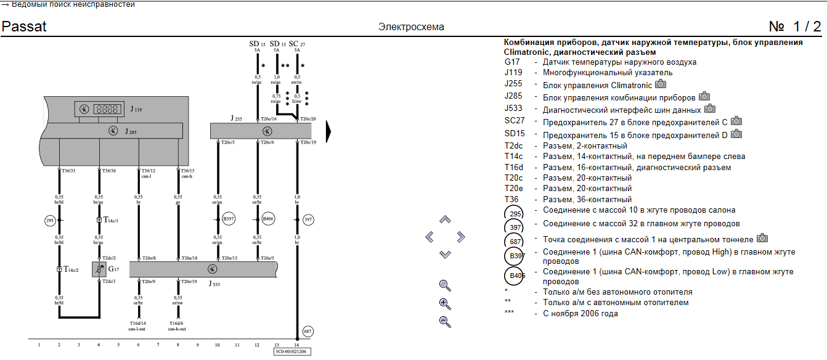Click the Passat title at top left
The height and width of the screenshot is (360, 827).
coord(24,27)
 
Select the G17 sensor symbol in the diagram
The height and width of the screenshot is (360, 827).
coord(99,269)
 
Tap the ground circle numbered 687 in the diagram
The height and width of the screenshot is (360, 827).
coord(308,331)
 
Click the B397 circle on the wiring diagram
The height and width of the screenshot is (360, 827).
coord(229,219)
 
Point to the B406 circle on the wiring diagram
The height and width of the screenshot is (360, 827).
coord(268,219)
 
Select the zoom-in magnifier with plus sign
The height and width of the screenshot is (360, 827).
coord(445,303)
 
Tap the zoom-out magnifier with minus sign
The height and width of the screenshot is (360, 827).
coord(445,321)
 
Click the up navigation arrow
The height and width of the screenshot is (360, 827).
coord(445,219)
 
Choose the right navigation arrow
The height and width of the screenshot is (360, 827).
coord(461,237)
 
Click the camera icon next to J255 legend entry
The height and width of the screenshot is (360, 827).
coord(661,84)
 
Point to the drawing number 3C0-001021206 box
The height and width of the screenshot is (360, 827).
coord(293,351)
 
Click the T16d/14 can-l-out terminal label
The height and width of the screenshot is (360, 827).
coord(138,325)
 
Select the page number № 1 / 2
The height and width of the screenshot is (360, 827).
coord(795,27)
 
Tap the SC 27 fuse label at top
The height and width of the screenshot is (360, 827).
coord(297,44)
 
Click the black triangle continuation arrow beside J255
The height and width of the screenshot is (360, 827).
coord(328,131)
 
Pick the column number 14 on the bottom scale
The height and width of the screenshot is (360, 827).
coord(296,345)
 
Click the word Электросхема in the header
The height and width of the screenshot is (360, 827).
coord(411,27)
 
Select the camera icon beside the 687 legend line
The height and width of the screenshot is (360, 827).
coord(762,238)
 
